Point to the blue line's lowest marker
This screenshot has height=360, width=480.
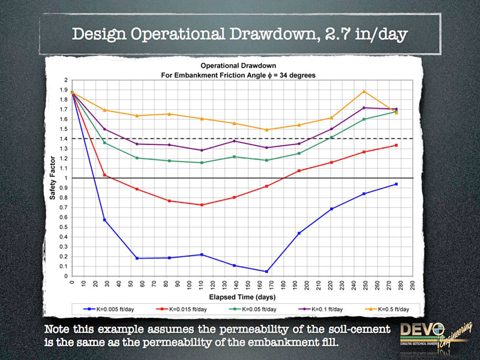point(265,271)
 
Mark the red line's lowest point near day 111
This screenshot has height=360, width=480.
point(202,205)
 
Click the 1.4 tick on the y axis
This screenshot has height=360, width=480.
point(64,139)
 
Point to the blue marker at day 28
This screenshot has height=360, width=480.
point(105,220)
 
